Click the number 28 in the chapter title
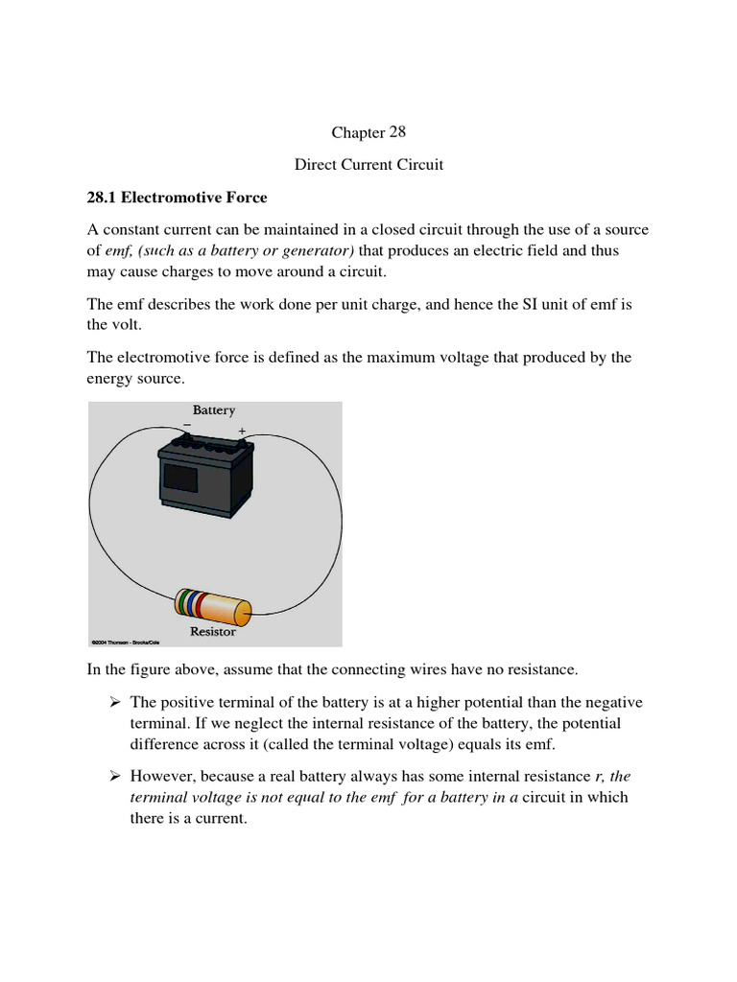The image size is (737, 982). tap(397, 132)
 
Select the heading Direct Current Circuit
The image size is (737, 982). tap(368, 165)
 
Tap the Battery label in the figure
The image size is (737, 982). tap(214, 410)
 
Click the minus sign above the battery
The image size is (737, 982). tap(187, 425)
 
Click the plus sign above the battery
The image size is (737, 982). tap(242, 432)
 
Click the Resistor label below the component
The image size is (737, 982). tap(213, 632)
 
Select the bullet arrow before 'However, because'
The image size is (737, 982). tap(115, 776)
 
